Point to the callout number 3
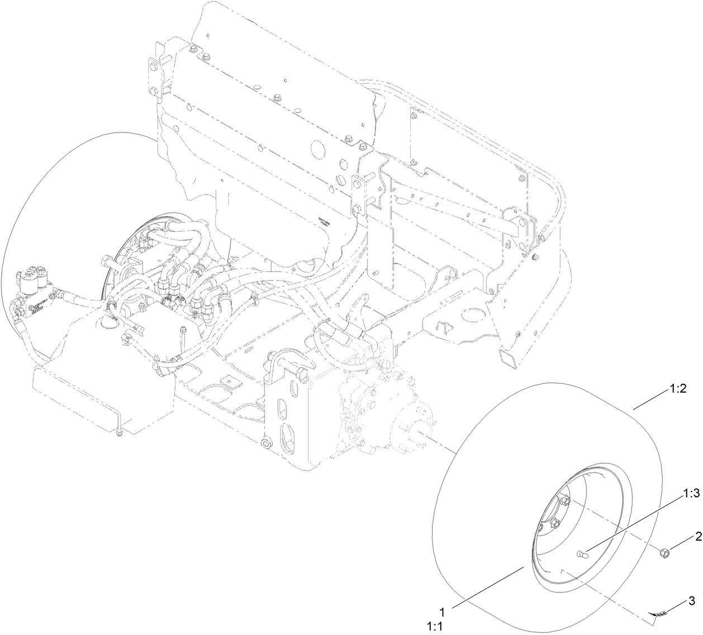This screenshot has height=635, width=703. click(691, 601)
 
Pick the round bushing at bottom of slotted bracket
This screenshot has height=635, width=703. click(266, 443)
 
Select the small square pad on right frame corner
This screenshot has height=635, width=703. click(506, 357)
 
